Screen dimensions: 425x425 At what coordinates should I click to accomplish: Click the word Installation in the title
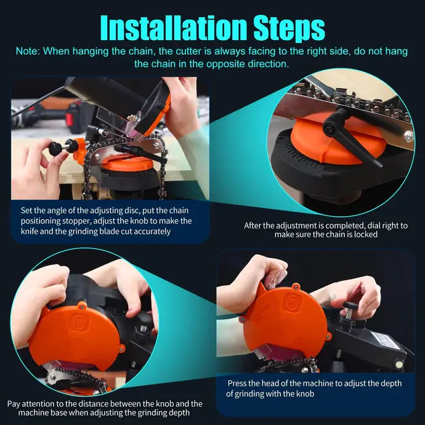tap(174, 28)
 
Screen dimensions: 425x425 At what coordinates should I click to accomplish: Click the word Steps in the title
tap(289, 28)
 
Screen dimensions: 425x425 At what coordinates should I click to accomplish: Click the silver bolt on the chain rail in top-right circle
tap(408, 136)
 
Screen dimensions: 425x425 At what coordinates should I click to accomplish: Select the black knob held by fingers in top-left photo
tap(56, 148)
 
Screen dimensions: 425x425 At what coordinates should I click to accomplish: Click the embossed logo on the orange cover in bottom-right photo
tap(292, 302)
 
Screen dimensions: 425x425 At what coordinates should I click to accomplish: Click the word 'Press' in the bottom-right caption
tap(237, 383)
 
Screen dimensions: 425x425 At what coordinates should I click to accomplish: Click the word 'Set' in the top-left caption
tap(26, 211)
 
